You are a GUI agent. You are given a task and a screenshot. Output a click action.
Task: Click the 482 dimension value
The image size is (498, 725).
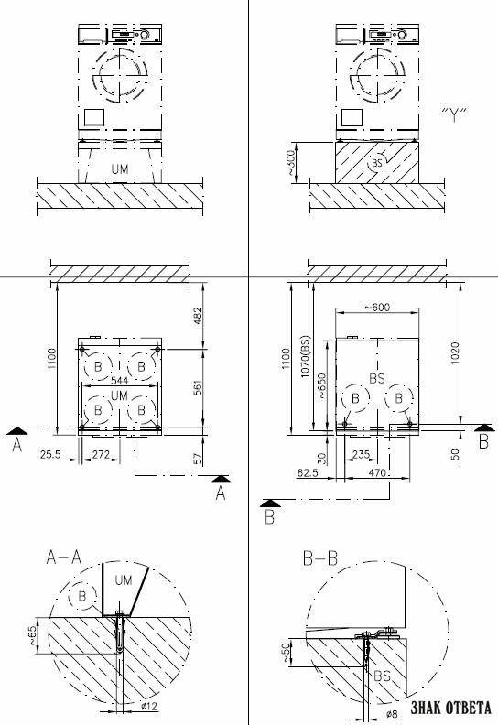tap(198, 316)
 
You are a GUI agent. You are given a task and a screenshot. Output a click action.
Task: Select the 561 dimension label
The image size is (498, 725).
tap(198, 389)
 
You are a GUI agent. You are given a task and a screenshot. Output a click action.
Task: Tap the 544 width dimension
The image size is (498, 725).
tap(119, 380)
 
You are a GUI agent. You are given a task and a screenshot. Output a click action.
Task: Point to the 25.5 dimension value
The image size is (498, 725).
tap(50, 455)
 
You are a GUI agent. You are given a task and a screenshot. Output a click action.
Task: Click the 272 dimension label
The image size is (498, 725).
tap(101, 455)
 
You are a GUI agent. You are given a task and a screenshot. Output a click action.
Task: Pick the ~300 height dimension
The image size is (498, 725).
tap(290, 163)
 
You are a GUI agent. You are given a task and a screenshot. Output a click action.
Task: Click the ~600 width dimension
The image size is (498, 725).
tap(377, 307)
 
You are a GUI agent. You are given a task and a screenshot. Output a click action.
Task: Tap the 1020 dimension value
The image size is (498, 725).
tap(456, 353)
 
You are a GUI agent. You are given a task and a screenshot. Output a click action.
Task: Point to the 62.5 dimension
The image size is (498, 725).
tap(309, 473)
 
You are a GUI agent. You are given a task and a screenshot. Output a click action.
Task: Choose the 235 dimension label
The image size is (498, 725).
tap(361, 455)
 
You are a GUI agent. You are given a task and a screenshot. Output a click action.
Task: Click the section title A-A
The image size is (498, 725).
tap(64, 557)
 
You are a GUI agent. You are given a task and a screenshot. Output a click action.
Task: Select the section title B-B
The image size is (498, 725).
tap(320, 558)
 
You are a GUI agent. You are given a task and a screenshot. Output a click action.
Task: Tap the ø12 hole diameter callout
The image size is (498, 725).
tap(149, 706)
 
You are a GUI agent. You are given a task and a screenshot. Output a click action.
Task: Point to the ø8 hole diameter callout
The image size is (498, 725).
tap(391, 713)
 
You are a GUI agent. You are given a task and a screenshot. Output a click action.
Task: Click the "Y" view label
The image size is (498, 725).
tap(454, 114)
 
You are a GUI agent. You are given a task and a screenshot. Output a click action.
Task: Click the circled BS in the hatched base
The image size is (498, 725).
tap(377, 163)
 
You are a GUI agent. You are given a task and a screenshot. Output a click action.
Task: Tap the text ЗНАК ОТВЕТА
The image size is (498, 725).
tap(450, 708)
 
